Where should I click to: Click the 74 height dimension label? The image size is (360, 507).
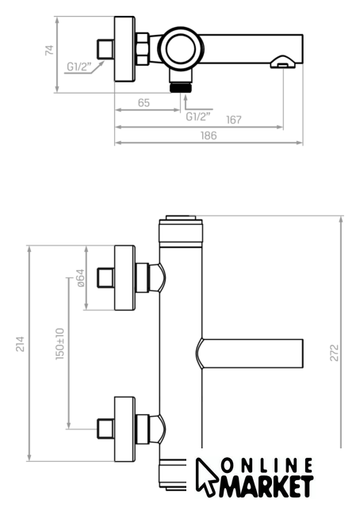click(x=49, y=51)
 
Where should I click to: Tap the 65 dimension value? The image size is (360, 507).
click(x=144, y=103)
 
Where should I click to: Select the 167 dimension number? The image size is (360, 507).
click(x=234, y=120)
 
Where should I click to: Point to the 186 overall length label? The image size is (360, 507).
click(x=209, y=135)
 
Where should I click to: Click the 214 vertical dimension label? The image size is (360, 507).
click(x=21, y=344)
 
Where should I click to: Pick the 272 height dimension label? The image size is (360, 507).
click(x=334, y=353)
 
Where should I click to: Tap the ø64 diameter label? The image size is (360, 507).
click(x=80, y=278)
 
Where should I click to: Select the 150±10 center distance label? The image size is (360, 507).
click(x=60, y=344)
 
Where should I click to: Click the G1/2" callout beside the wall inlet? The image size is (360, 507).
click(x=79, y=67)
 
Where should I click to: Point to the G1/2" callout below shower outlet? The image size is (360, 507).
click(x=198, y=116)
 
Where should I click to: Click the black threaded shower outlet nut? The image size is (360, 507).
click(x=181, y=88)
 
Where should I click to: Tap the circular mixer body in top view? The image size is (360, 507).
click(x=181, y=48)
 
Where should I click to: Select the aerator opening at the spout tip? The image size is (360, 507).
click(x=282, y=66)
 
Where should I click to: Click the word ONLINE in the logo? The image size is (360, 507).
click(x=267, y=466)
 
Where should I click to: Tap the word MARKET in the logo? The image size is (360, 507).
click(x=266, y=486)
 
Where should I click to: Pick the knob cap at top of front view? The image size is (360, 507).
click(x=181, y=218)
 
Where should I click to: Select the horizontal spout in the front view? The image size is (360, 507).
click(x=250, y=353)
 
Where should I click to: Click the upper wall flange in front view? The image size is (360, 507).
click(x=124, y=278)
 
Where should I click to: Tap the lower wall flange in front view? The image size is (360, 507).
click(x=124, y=429)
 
